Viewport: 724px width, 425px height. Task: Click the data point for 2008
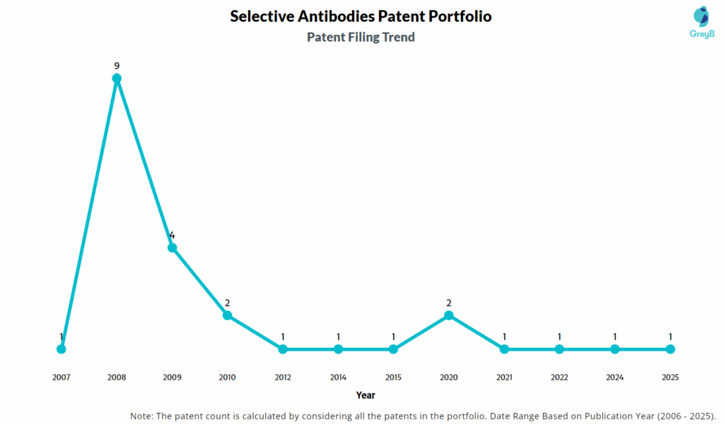click(x=117, y=78)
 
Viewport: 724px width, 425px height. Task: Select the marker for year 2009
click(x=172, y=248)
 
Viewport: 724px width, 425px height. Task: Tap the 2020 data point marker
click(x=449, y=315)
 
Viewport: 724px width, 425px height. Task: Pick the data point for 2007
click(x=62, y=349)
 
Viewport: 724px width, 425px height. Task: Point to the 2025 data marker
click(x=670, y=349)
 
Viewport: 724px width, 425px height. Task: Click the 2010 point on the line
click(x=228, y=315)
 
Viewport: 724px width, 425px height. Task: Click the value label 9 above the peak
click(x=117, y=66)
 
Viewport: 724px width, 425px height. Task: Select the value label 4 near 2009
click(x=172, y=235)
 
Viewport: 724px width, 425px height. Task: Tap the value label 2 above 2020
click(x=449, y=303)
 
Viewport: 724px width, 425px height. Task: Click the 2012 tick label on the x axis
click(x=283, y=378)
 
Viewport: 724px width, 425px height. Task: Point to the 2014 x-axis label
click(x=338, y=378)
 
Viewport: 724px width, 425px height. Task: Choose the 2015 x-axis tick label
click(x=393, y=378)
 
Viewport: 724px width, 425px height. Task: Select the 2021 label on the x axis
click(x=504, y=378)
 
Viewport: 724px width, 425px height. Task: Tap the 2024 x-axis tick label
click(x=615, y=378)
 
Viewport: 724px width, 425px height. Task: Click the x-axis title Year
click(x=366, y=395)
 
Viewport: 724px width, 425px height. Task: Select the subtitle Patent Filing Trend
click(x=361, y=37)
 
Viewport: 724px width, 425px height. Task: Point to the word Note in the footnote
click(x=144, y=415)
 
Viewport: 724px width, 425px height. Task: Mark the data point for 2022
click(x=559, y=349)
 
